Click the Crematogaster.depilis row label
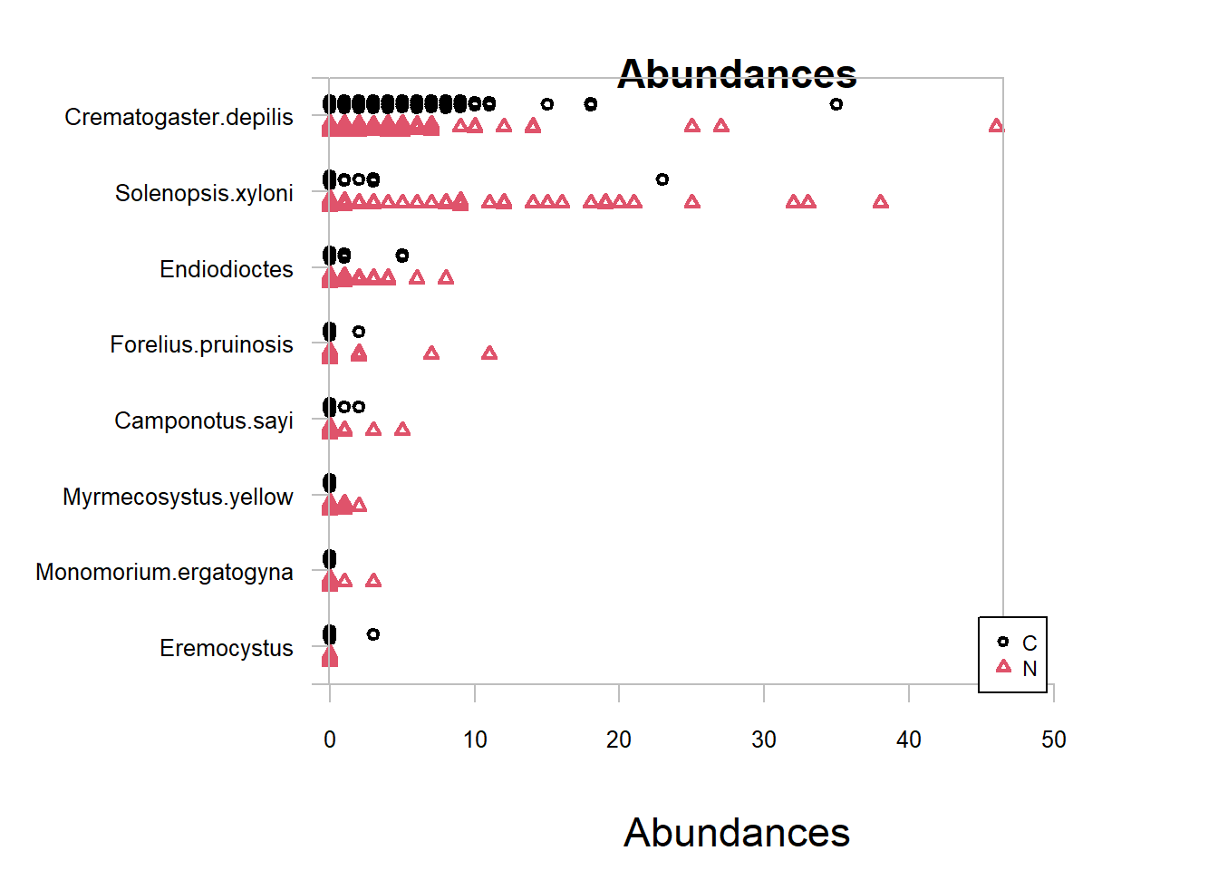click(x=179, y=118)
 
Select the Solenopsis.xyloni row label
click(x=204, y=193)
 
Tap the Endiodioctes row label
click(x=227, y=269)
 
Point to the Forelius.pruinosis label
click(x=201, y=344)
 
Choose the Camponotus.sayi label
click(x=204, y=420)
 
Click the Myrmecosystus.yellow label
click(x=178, y=497)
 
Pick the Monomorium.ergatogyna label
click(x=164, y=572)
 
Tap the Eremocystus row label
click(x=227, y=648)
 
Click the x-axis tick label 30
click(x=764, y=739)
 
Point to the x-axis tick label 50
click(x=1053, y=739)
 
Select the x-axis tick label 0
click(x=330, y=739)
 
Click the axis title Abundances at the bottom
click(x=736, y=832)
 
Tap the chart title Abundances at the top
click(x=737, y=73)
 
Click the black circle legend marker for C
click(x=1002, y=642)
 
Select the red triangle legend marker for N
click(x=1002, y=667)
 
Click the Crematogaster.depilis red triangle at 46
click(x=996, y=126)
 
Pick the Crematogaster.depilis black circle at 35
click(x=836, y=104)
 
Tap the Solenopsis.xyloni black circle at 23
click(x=662, y=179)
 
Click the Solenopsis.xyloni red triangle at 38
click(x=880, y=202)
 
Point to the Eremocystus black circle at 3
click(x=373, y=634)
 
